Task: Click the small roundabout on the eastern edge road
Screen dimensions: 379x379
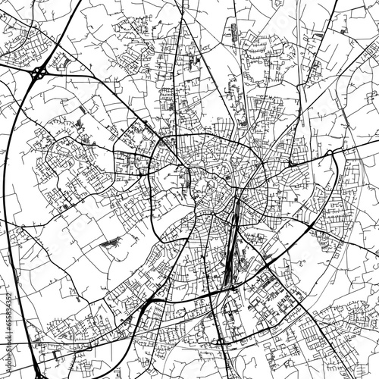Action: pos(330,153)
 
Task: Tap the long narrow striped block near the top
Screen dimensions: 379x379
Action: pos(233,33)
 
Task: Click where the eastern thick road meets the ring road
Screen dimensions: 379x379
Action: pos(265,159)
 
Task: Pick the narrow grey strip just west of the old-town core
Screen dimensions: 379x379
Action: pos(187,178)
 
